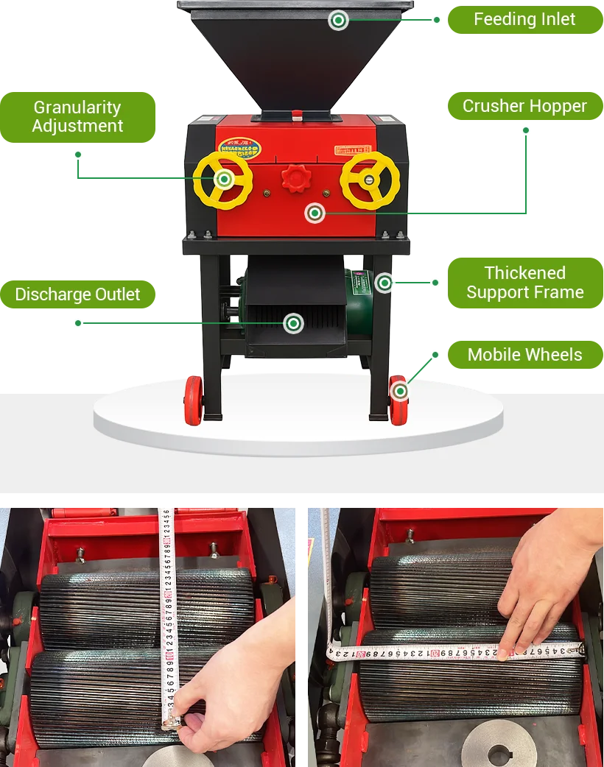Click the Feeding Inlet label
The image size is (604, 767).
[x=524, y=19]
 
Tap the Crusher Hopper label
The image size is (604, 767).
[x=524, y=106]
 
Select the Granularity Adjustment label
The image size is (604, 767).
[x=77, y=116]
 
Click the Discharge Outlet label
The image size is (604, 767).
[x=77, y=295]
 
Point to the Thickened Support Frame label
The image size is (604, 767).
[x=524, y=283]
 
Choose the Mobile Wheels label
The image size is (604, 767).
[x=524, y=355]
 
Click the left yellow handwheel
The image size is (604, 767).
[x=224, y=180]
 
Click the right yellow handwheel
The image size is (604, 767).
[x=370, y=180]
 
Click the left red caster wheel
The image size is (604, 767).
[x=194, y=400]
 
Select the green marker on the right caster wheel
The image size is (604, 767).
[x=400, y=391]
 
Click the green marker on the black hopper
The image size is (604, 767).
[x=338, y=20]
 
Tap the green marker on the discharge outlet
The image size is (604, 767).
[x=294, y=322]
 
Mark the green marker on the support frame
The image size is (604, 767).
[x=384, y=282]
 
